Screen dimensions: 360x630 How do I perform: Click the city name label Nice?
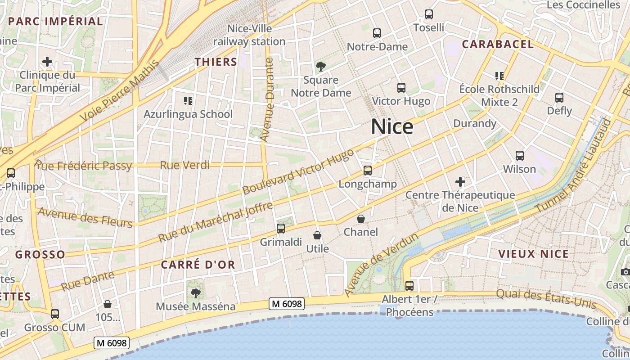point(392,127)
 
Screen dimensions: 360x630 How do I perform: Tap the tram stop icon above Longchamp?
point(368,171)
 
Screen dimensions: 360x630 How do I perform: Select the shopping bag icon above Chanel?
point(361,219)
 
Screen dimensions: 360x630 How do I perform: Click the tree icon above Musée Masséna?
point(195,293)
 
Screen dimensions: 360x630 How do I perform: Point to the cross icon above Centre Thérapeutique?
point(460,182)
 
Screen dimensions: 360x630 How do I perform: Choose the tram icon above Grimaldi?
point(281,229)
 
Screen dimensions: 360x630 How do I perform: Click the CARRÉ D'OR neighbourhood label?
point(198,265)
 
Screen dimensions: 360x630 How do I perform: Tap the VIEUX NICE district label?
point(533,254)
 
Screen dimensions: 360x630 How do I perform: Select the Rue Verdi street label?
point(184,165)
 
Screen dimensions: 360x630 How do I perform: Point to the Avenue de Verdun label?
point(382,265)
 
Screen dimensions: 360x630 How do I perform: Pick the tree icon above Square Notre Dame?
point(321,67)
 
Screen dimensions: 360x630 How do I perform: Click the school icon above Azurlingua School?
point(188,100)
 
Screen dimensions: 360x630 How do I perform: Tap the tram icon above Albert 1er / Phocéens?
point(409,285)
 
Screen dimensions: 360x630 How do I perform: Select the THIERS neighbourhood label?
point(216,62)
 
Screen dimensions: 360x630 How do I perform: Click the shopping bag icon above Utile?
point(317,235)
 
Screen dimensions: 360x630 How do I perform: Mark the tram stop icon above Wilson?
point(520,156)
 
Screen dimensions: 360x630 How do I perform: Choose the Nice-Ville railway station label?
point(249,35)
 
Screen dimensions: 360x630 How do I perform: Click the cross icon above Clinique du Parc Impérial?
point(47,62)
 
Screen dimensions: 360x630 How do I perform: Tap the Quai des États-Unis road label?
point(546,298)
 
